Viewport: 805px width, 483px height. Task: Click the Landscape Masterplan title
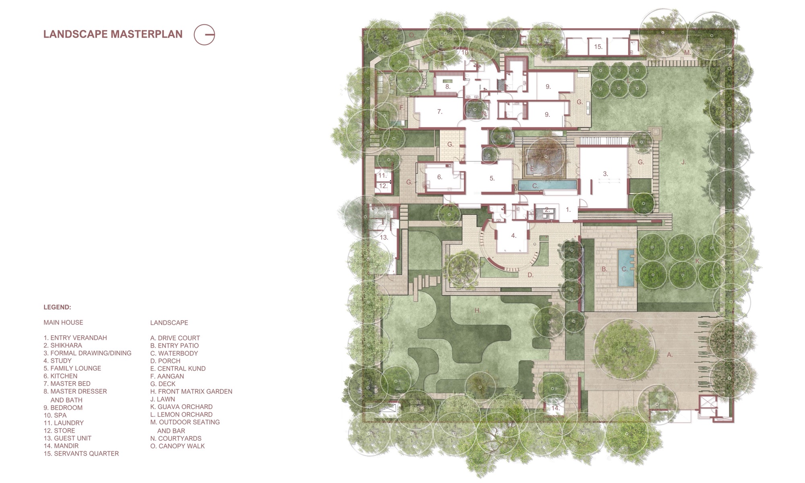coord(113,34)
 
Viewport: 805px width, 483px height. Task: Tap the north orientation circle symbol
coord(204,35)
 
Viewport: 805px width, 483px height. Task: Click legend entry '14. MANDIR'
coord(61,446)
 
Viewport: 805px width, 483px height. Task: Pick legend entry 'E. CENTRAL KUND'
coord(178,369)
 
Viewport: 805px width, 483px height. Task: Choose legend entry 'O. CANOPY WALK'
coord(178,446)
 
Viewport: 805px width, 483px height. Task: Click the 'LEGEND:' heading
coord(57,307)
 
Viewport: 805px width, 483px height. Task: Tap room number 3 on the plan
coord(605,174)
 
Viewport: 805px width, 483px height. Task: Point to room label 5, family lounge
coord(492,178)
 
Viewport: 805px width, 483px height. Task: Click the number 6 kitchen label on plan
coord(440,177)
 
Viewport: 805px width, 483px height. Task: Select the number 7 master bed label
coord(440,112)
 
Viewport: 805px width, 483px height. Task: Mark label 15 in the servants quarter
coord(598,47)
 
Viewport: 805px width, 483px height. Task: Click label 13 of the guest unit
coord(384,237)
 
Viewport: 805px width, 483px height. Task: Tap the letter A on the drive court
coord(670,355)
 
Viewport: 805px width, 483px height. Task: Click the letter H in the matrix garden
coord(477,310)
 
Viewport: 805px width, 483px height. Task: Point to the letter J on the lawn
coord(683,162)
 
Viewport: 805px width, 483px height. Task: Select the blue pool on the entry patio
coord(625,268)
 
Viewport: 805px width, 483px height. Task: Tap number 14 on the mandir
coord(555,408)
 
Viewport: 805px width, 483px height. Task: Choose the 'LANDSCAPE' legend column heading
coord(169,323)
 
